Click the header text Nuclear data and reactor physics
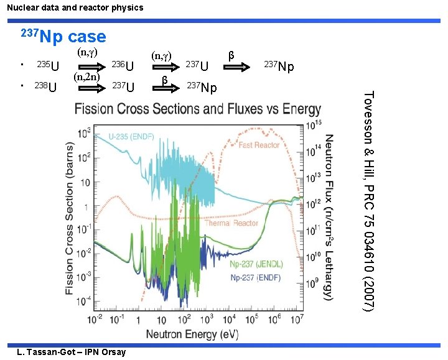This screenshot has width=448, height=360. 72,7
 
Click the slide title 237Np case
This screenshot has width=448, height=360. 64,36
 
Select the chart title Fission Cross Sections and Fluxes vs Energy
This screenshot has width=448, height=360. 198,109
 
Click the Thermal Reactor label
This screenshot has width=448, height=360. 232,223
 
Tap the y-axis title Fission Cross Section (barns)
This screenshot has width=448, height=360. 71,218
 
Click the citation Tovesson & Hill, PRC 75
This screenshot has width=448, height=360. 368,201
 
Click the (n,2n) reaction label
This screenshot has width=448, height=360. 87,77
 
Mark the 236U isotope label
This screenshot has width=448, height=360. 122,66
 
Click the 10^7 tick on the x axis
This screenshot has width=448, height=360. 297,320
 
